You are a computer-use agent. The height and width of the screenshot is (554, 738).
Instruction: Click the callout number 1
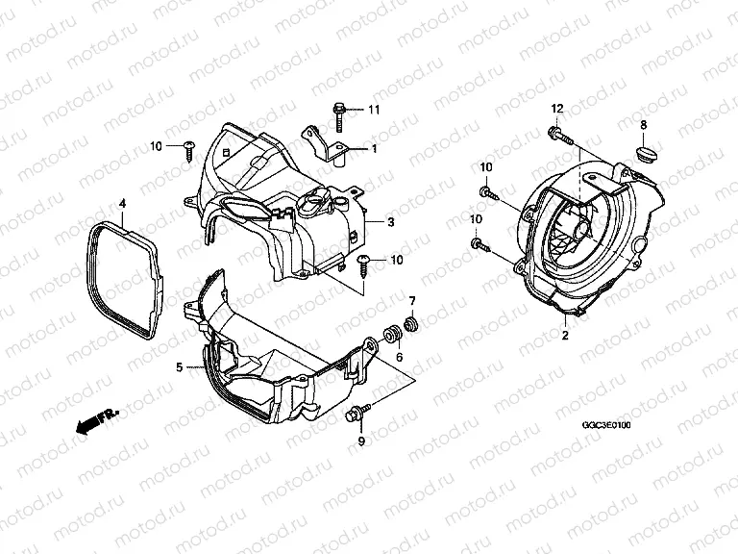click(x=376, y=149)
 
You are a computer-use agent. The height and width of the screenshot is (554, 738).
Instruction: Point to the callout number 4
click(x=123, y=203)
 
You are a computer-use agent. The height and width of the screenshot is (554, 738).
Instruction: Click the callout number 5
click(x=179, y=366)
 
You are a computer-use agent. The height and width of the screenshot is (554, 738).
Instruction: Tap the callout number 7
click(x=413, y=302)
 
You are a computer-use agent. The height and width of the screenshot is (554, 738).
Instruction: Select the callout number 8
click(x=644, y=125)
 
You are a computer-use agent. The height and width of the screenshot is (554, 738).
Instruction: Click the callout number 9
click(x=362, y=441)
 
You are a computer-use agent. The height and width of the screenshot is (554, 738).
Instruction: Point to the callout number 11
click(x=374, y=111)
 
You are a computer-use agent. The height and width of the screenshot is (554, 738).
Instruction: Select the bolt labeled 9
click(x=356, y=415)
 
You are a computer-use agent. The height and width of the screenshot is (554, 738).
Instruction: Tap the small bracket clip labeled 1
click(x=328, y=143)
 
